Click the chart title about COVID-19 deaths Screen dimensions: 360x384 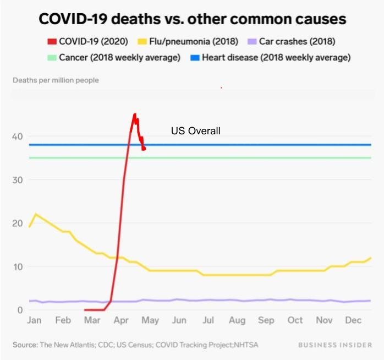click(192, 19)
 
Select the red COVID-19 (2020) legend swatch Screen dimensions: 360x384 click(51, 41)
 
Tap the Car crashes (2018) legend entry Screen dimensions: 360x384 click(292, 41)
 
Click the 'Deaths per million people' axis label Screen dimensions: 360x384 click(56, 80)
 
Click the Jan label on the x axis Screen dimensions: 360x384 click(34, 320)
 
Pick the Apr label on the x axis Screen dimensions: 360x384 click(121, 320)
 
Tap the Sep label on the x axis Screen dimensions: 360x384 click(266, 320)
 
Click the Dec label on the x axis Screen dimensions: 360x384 click(353, 320)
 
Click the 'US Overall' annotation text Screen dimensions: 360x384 click(195, 131)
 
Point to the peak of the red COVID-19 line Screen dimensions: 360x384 click(134, 114)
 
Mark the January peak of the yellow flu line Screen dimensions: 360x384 click(36, 214)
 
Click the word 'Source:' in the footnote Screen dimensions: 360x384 click(25, 345)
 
